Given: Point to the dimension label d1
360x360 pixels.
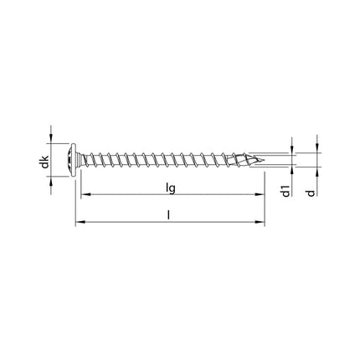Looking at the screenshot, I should (x=286, y=192).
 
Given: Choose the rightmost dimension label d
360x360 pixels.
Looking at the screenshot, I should (x=311, y=194).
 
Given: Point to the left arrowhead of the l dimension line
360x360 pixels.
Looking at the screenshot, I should (x=79, y=224).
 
